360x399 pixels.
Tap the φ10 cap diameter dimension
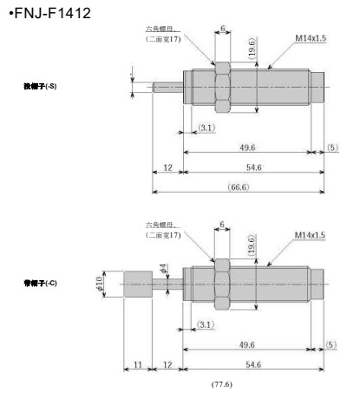pos(102,283)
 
